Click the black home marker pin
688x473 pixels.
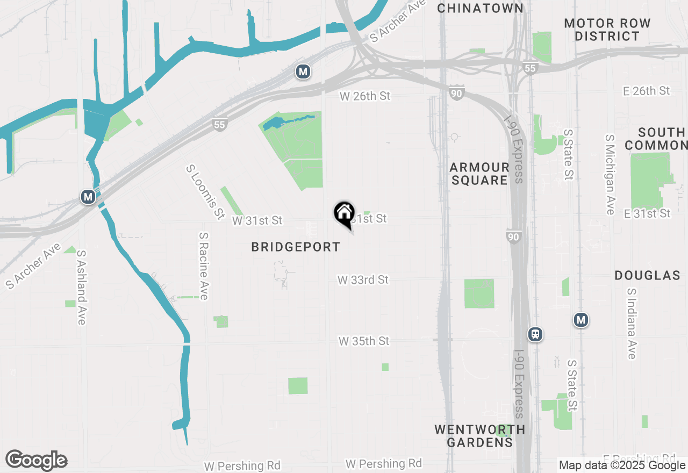[344, 213]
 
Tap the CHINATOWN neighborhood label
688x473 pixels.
[480, 8]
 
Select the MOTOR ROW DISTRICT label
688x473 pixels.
[607, 30]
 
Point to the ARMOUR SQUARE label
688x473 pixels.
[479, 174]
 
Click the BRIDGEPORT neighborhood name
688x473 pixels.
[296, 247]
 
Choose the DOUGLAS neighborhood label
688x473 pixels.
[647, 276]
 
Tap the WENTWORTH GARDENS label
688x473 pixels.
[479, 436]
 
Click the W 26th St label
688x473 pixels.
[364, 96]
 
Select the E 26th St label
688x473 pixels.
[647, 91]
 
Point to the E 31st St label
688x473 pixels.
[647, 213]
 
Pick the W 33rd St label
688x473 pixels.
[363, 280]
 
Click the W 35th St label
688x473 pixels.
[363, 341]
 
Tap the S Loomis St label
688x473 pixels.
[205, 192]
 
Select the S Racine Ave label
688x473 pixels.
[203, 266]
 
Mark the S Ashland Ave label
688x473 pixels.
[81, 286]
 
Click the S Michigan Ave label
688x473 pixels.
[610, 175]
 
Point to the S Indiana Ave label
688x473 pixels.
[631, 324]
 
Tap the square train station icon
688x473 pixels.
[535, 334]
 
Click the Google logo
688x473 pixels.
[37, 461]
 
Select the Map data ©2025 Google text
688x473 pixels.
[622, 465]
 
